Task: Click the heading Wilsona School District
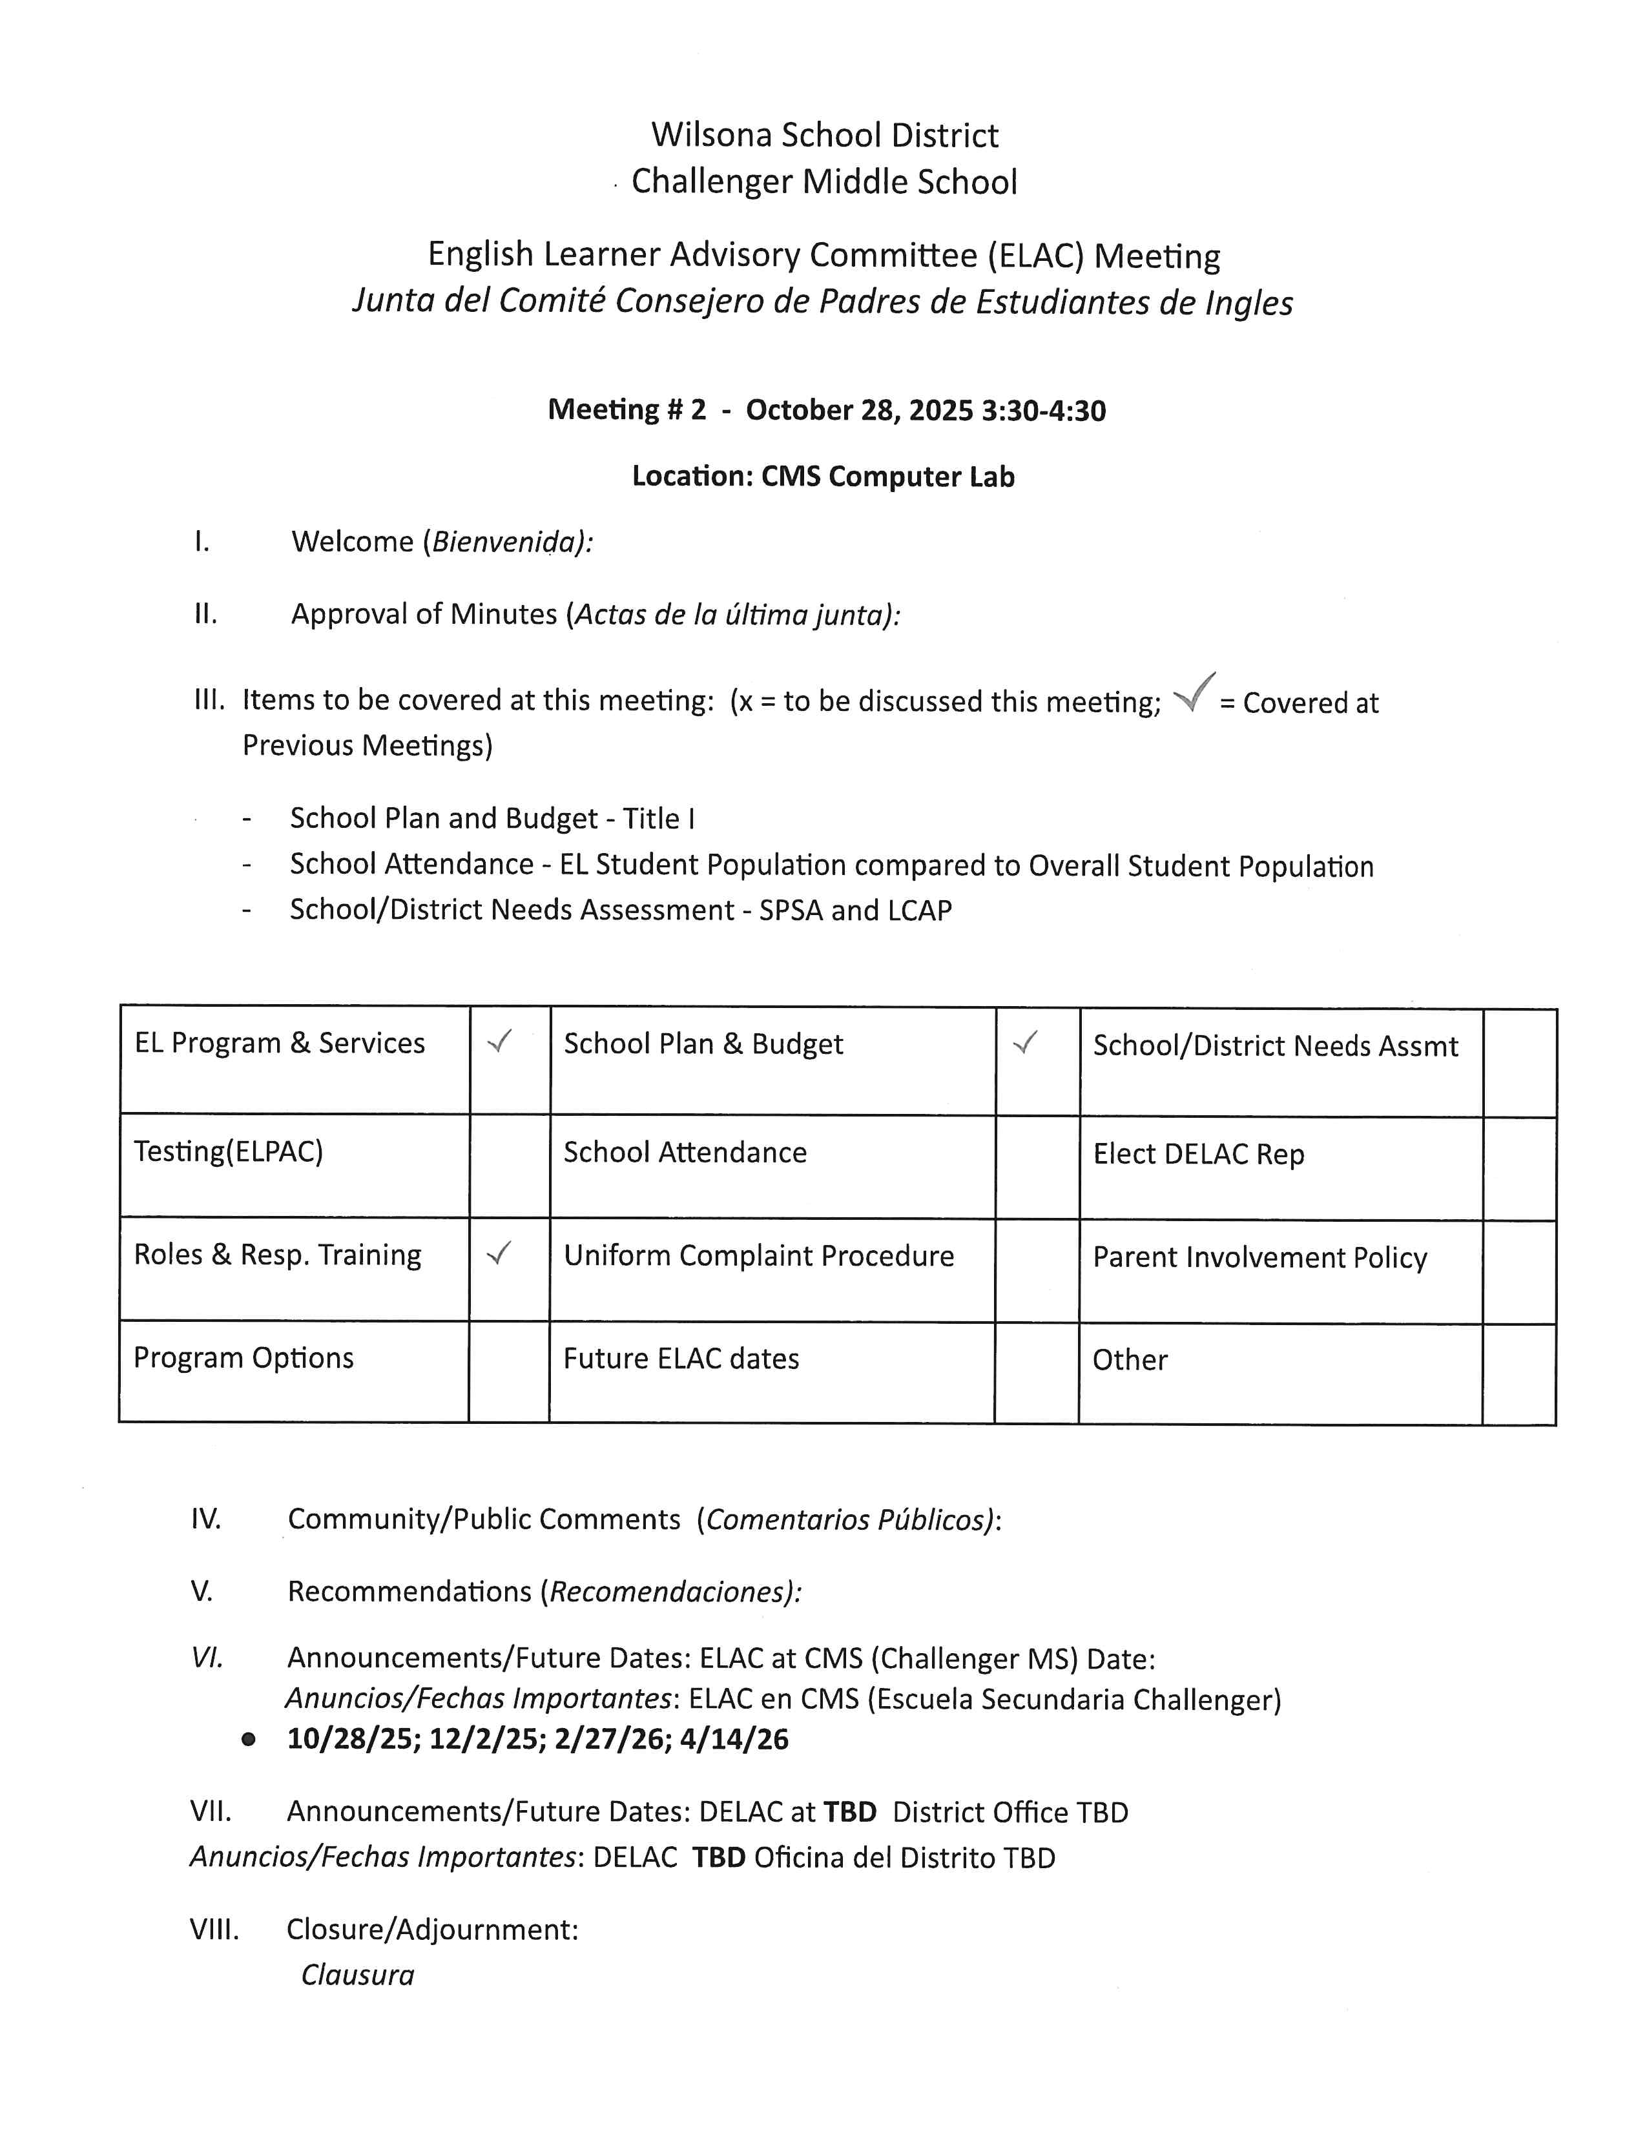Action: (x=825, y=135)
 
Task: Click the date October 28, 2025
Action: (x=858, y=410)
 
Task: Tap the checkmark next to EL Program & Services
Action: (x=499, y=1042)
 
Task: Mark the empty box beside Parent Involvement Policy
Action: (x=1518, y=1271)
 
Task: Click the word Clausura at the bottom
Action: (x=357, y=1975)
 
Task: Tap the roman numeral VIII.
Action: (x=214, y=1929)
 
